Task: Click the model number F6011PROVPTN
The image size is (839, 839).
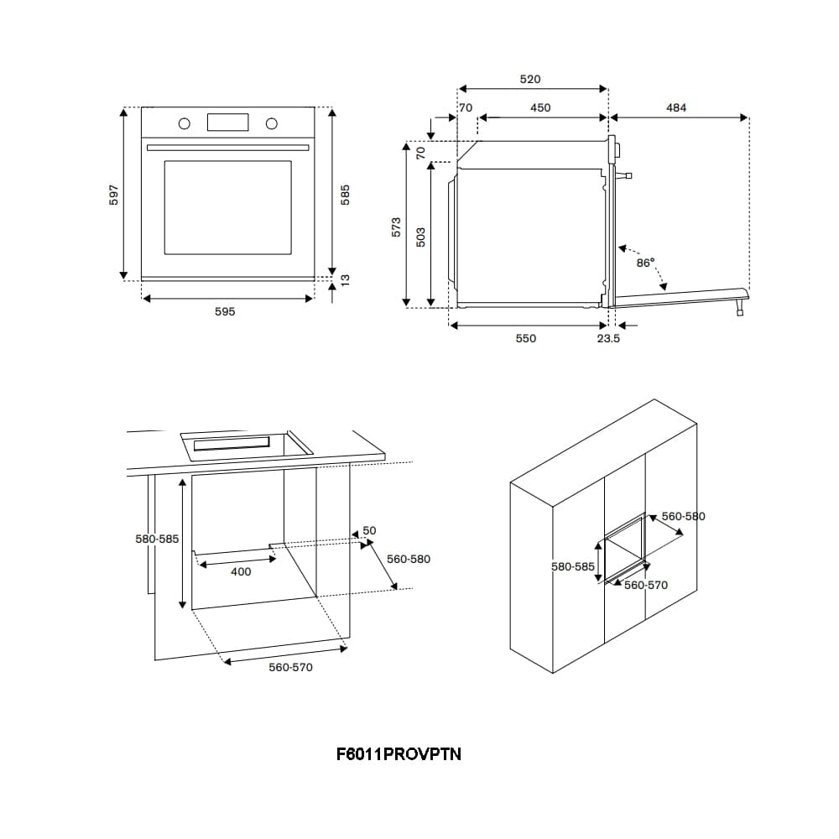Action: (399, 754)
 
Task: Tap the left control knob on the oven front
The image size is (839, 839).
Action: (184, 124)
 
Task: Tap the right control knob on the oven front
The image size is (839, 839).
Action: (271, 124)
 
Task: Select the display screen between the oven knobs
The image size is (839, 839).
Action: (228, 122)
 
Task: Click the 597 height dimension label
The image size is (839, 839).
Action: (115, 194)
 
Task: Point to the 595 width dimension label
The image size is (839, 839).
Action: (225, 311)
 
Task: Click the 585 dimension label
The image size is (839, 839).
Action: (344, 194)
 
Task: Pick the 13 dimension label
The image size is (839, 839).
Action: (344, 279)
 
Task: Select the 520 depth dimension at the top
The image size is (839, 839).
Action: (530, 80)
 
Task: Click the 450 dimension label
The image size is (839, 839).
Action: (540, 107)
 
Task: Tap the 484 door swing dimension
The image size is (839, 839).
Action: (676, 107)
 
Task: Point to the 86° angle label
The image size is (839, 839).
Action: (645, 263)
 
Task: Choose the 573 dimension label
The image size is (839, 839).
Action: (397, 227)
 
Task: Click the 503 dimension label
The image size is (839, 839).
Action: (421, 237)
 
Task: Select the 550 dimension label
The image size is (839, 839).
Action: (525, 338)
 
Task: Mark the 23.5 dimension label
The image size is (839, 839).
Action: (608, 338)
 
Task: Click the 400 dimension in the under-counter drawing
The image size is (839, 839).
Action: (241, 572)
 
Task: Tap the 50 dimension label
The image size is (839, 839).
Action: (369, 531)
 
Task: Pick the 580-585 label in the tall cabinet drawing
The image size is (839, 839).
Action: (572, 566)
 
